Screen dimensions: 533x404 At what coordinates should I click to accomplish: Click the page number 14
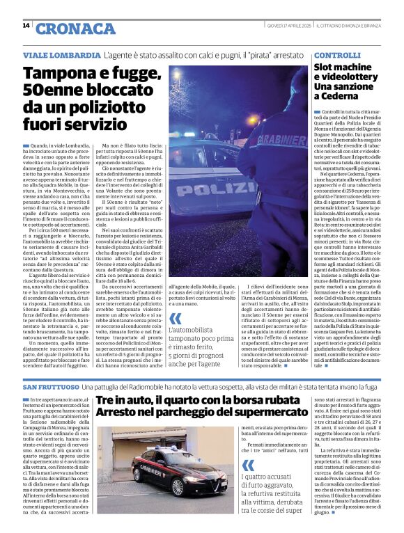click(x=26, y=26)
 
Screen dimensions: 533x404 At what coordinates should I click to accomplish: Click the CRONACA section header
click(x=65, y=29)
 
